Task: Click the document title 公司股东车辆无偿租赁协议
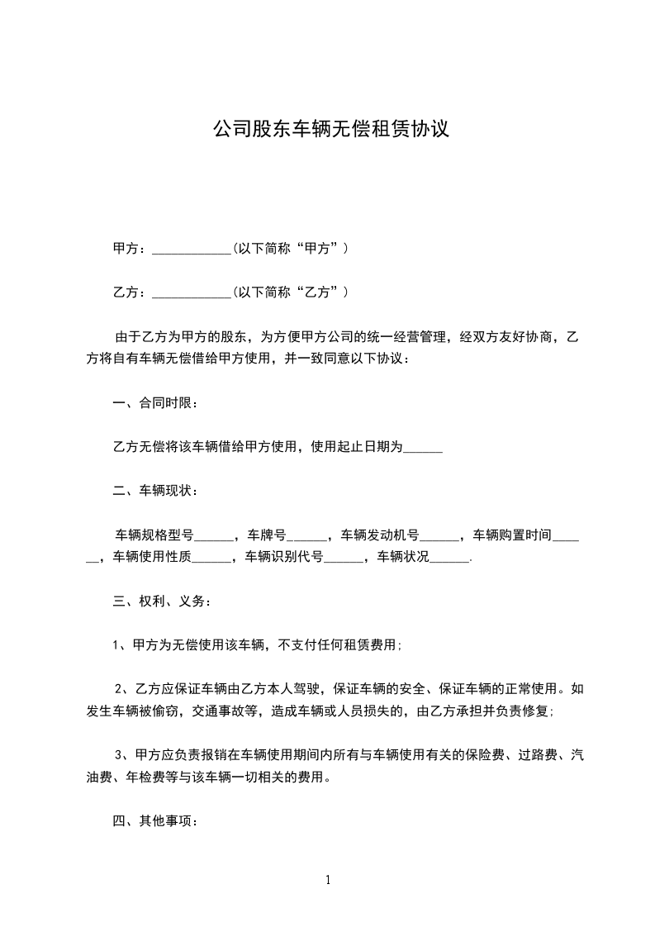coord(330,130)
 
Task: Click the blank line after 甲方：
coord(192,249)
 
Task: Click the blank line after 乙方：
coord(192,292)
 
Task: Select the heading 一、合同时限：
coord(154,404)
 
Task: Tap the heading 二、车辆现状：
coord(154,492)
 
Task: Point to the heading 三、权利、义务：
coord(161,601)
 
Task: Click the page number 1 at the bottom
coord(328,880)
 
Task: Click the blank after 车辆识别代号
coord(343,558)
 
